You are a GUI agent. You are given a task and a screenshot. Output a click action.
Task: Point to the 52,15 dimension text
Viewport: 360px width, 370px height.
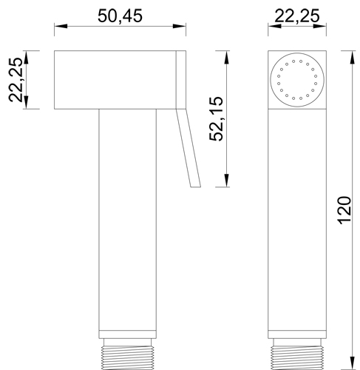214,118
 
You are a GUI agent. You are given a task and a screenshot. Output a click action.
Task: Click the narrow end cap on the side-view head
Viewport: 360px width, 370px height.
181,80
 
